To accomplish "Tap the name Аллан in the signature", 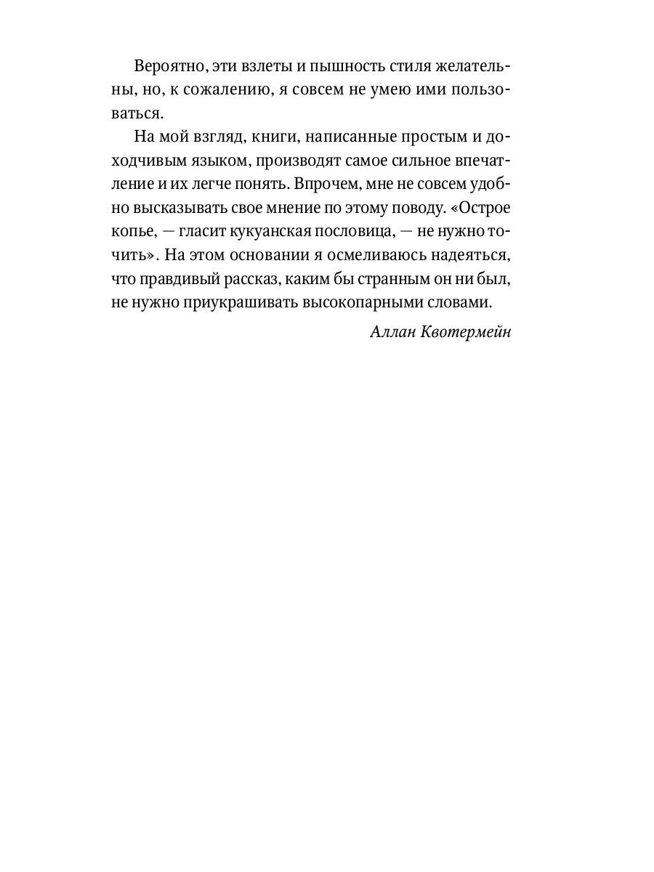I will point(392,333).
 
